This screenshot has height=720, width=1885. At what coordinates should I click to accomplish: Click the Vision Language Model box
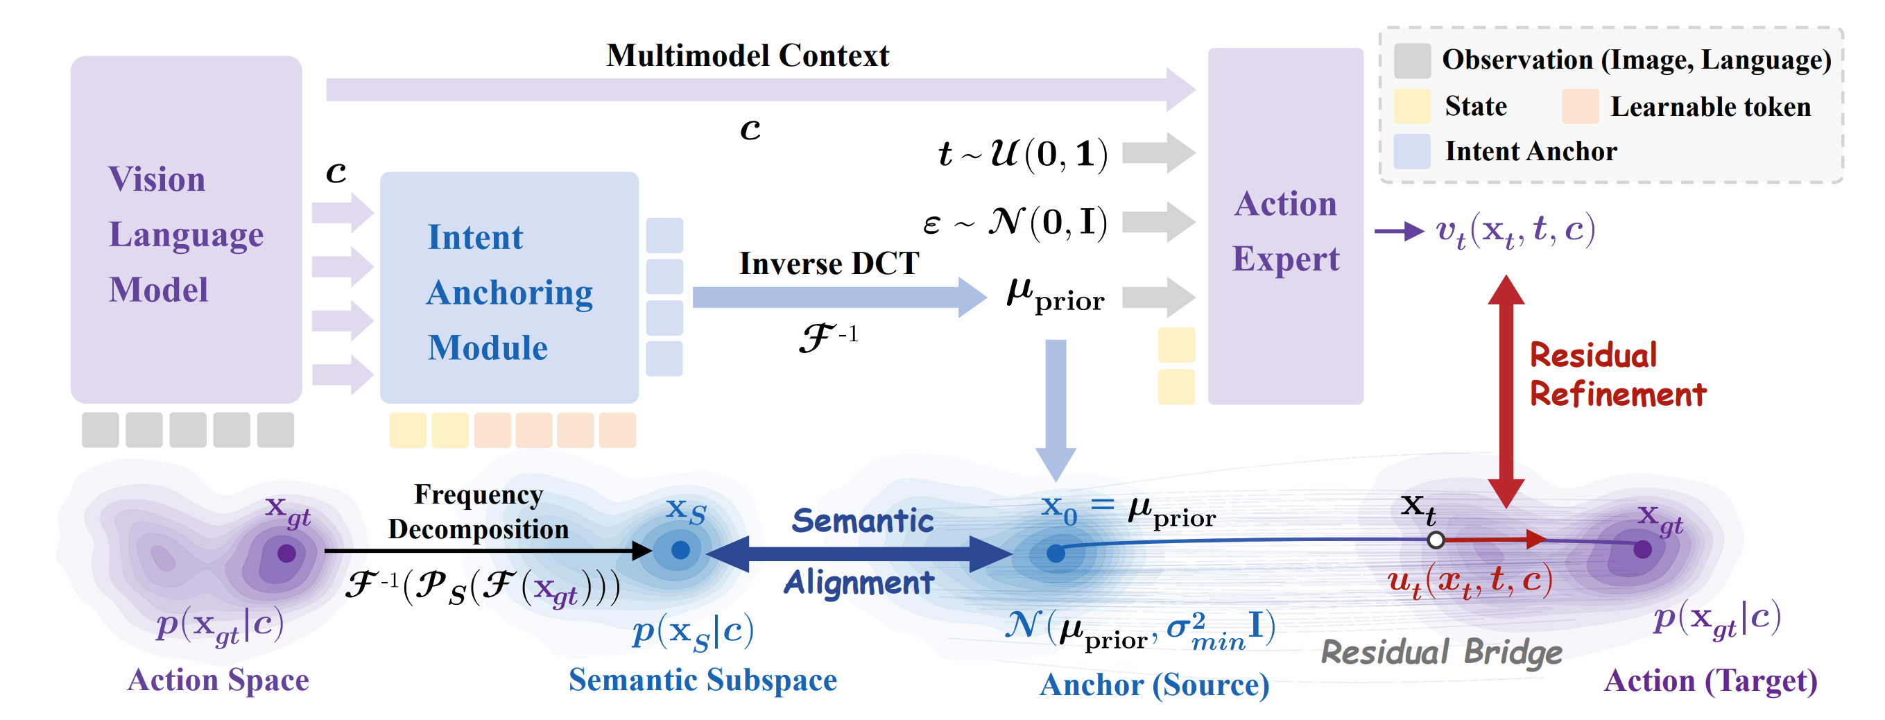(186, 229)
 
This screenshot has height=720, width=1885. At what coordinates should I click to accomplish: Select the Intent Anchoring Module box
(508, 288)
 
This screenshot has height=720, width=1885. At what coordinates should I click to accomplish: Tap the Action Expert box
(1285, 227)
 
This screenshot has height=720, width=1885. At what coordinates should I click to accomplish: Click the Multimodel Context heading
(747, 55)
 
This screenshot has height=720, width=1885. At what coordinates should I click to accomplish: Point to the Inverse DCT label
(828, 264)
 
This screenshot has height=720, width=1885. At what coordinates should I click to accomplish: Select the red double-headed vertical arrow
(1506, 391)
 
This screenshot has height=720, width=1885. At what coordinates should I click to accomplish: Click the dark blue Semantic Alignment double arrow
(860, 553)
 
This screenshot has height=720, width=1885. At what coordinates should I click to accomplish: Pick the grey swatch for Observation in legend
(1411, 60)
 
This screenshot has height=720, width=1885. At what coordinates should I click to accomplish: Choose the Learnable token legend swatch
(1579, 107)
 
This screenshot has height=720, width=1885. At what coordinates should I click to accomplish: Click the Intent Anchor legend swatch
(1411, 151)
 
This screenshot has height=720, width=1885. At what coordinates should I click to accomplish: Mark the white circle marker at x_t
(1436, 540)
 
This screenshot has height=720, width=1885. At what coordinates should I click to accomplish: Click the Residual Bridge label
(1441, 651)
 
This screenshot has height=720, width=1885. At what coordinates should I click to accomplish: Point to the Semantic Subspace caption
(703, 680)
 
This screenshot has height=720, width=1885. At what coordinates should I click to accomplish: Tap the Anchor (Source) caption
(1154, 685)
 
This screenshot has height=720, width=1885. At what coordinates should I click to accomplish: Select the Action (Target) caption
(1710, 680)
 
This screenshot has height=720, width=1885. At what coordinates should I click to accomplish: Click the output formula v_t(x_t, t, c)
(1515, 231)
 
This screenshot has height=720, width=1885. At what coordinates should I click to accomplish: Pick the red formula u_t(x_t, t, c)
(1470, 583)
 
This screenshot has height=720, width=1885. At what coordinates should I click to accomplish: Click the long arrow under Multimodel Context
(761, 89)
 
